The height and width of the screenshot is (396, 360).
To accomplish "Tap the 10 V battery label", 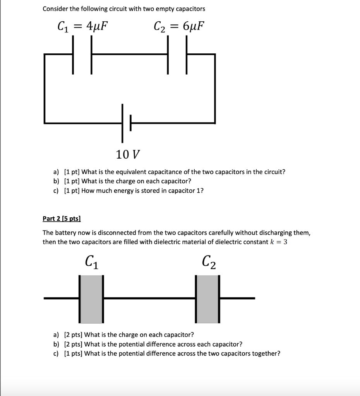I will pyautogui.click(x=128, y=155).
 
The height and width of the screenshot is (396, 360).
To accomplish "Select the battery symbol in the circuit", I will pyautogui.click(x=127, y=123).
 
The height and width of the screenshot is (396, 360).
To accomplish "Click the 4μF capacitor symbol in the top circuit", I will pyautogui.click(x=82, y=55).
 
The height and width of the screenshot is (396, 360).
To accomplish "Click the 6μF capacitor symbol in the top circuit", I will pyautogui.click(x=178, y=55).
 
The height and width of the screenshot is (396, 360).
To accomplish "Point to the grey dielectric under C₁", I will pyautogui.click(x=91, y=299).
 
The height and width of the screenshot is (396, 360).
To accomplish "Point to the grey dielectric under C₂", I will pyautogui.click(x=207, y=299).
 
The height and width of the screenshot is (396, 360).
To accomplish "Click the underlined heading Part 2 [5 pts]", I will pyautogui.click(x=62, y=218).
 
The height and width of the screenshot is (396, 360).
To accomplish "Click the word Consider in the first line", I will pyautogui.click(x=55, y=9).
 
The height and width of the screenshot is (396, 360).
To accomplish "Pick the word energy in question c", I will pyautogui.click(x=122, y=190).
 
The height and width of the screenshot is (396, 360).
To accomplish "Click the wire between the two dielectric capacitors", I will pyautogui.click(x=149, y=298).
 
